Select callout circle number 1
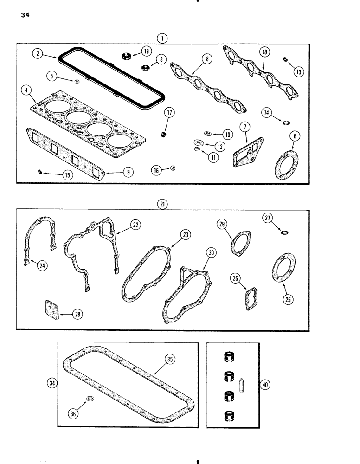point(162,39)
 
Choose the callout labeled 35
point(169,359)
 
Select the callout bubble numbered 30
point(212,253)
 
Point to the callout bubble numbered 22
point(135,225)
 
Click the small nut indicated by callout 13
point(285,59)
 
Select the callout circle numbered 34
point(51,383)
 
